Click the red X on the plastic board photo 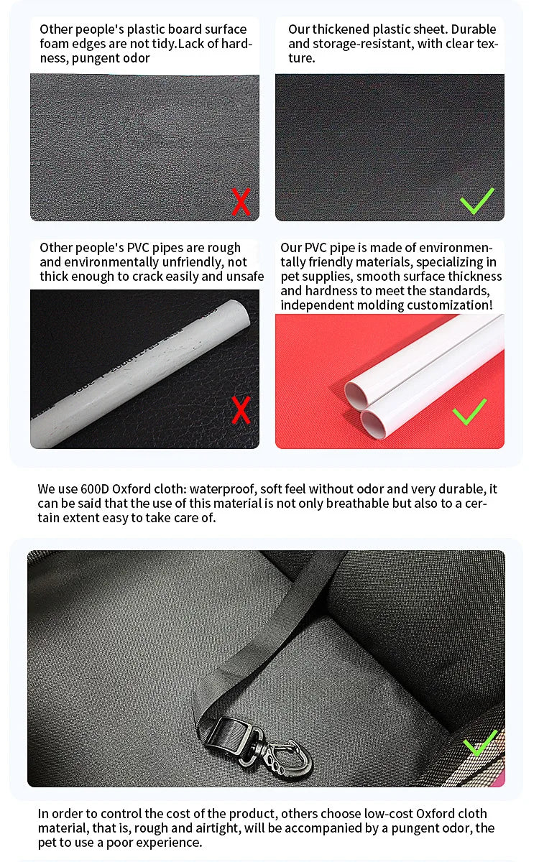tap(241, 202)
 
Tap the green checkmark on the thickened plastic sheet tap(477, 201)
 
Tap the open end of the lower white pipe tap(373, 423)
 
